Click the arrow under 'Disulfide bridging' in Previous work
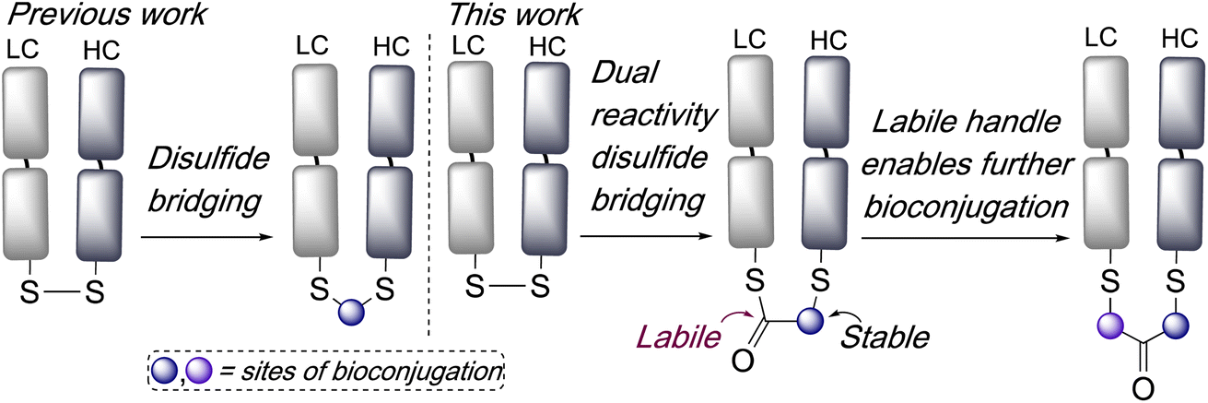pyautogui.click(x=206, y=238)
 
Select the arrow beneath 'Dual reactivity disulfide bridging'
pyautogui.click(x=636, y=238)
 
